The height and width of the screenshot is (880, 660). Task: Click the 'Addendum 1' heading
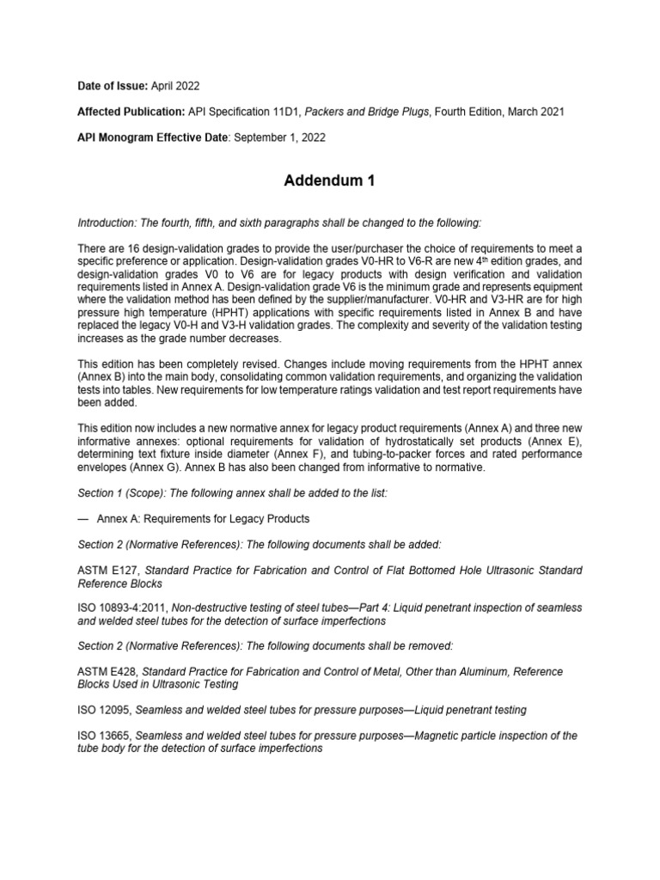[330, 181]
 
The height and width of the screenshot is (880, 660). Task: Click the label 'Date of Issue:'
[113, 87]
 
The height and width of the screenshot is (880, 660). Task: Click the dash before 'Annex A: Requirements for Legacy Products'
[83, 519]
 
